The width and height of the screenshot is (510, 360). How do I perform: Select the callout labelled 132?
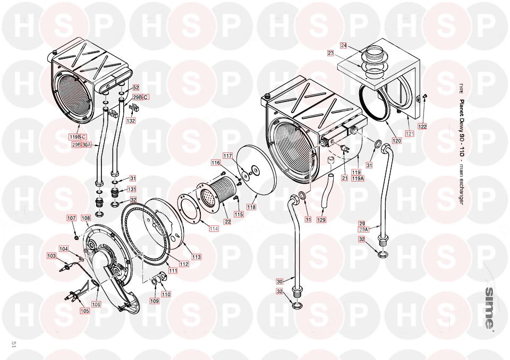pos(131,121)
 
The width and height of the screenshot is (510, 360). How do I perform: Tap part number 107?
pos(71,218)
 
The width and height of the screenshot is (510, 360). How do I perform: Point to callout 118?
pos(251,207)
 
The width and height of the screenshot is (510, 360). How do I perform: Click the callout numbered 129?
pos(322,219)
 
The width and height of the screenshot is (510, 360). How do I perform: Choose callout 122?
pos(422,126)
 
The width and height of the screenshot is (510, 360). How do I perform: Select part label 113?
pos(197,257)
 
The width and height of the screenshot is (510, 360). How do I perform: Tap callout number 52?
pos(135,88)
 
